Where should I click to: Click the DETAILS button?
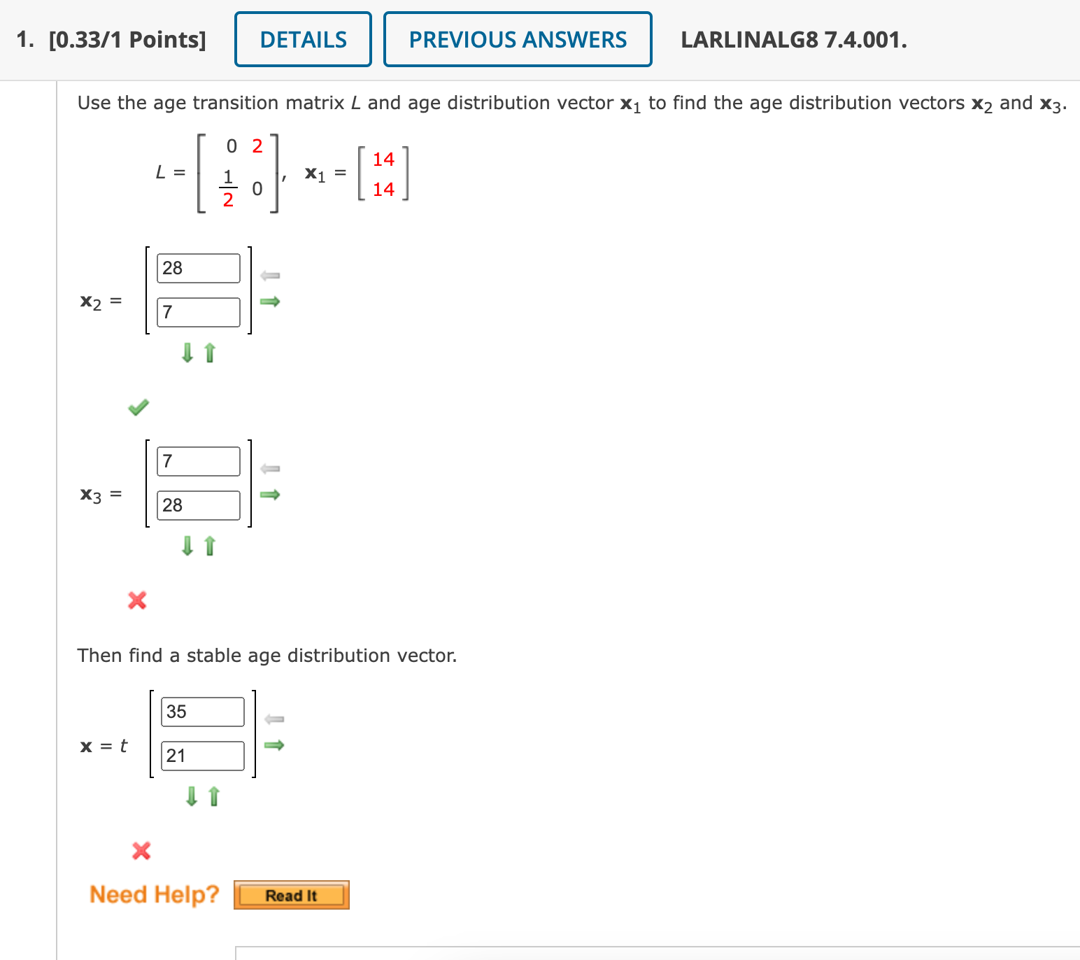[x=303, y=40]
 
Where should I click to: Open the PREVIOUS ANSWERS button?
[x=518, y=40]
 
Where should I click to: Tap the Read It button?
[x=291, y=896]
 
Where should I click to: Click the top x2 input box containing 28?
[x=199, y=268]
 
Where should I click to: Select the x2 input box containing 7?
[x=199, y=312]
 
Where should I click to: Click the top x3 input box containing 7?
[x=199, y=461]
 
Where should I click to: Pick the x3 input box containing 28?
[x=199, y=505]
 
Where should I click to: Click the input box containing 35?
[x=203, y=712]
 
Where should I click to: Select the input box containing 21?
[x=203, y=756]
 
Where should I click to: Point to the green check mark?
[x=138, y=407]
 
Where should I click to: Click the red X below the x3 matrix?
[x=137, y=600]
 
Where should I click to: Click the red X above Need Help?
[x=141, y=851]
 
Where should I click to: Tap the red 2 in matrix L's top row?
[x=257, y=146]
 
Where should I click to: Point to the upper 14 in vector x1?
[x=383, y=160]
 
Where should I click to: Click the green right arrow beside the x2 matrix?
[x=270, y=302]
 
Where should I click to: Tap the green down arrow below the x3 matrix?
[x=187, y=545]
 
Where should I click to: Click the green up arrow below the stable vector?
[x=214, y=796]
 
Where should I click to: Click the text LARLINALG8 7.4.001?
[x=794, y=40]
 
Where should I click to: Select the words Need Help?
[x=155, y=895]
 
